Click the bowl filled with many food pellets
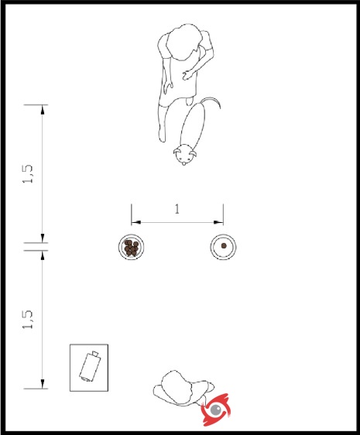coord(131,247)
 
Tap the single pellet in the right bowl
coord(224,245)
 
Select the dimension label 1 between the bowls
coord(177,209)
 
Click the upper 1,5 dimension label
coord(28,174)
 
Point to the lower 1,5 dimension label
coord(28,320)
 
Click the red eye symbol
coord(216,409)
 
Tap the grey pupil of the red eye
coord(216,409)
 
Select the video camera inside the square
coord(89,366)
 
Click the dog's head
coord(184,155)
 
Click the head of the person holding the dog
coord(183,42)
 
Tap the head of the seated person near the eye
coord(177,387)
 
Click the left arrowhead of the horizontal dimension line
coord(136,222)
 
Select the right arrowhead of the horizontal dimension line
coord(218,222)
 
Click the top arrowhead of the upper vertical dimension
coord(42,110)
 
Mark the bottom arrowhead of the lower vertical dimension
coord(42,384)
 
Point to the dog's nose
coord(183,163)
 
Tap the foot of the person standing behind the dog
coord(162,135)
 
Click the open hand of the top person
coord(187,75)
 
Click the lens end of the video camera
coord(95,354)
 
